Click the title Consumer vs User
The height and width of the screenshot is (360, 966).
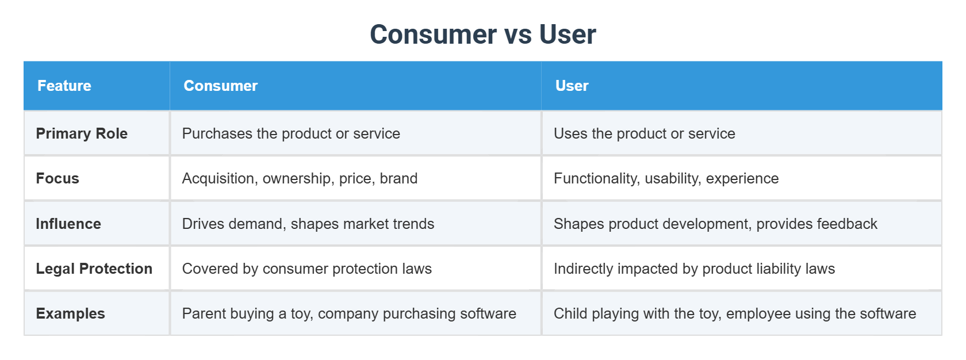coord(482,35)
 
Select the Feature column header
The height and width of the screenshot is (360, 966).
coord(64,86)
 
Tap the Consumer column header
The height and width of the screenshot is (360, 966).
coord(220,86)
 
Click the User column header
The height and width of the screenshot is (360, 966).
coord(572,86)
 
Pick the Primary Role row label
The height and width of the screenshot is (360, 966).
coord(82,133)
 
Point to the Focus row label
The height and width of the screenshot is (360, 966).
coord(57,178)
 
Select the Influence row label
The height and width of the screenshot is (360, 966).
coord(68,224)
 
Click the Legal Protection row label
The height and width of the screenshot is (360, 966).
coord(94,269)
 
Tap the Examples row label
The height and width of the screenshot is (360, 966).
coord(71,313)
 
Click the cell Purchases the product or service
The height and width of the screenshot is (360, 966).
coord(291,133)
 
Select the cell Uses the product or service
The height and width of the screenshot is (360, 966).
coord(644,133)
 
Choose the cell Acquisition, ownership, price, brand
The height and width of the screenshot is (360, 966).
coord(300,178)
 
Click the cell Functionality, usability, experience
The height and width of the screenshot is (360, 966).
coord(666,178)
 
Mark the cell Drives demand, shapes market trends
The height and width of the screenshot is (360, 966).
coord(308,224)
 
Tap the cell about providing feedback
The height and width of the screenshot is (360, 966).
coord(715,224)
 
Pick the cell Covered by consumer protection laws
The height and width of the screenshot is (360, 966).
coord(306,269)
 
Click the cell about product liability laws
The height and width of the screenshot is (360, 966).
coord(694,269)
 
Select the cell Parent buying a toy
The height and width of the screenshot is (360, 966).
coord(349,313)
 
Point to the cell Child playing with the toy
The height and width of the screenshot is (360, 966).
coord(734,313)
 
